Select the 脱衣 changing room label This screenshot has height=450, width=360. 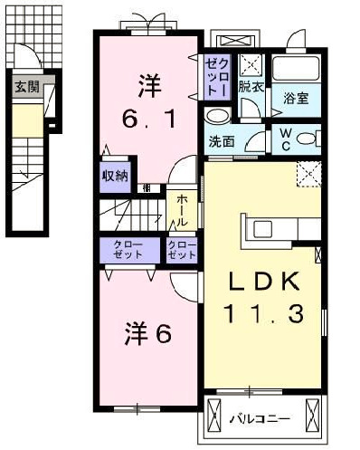point(251,87)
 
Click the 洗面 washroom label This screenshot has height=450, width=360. point(222,141)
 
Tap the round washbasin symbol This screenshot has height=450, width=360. point(217,117)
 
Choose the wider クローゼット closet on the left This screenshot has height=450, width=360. point(128,251)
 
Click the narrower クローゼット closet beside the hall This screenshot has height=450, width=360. point(182,251)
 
